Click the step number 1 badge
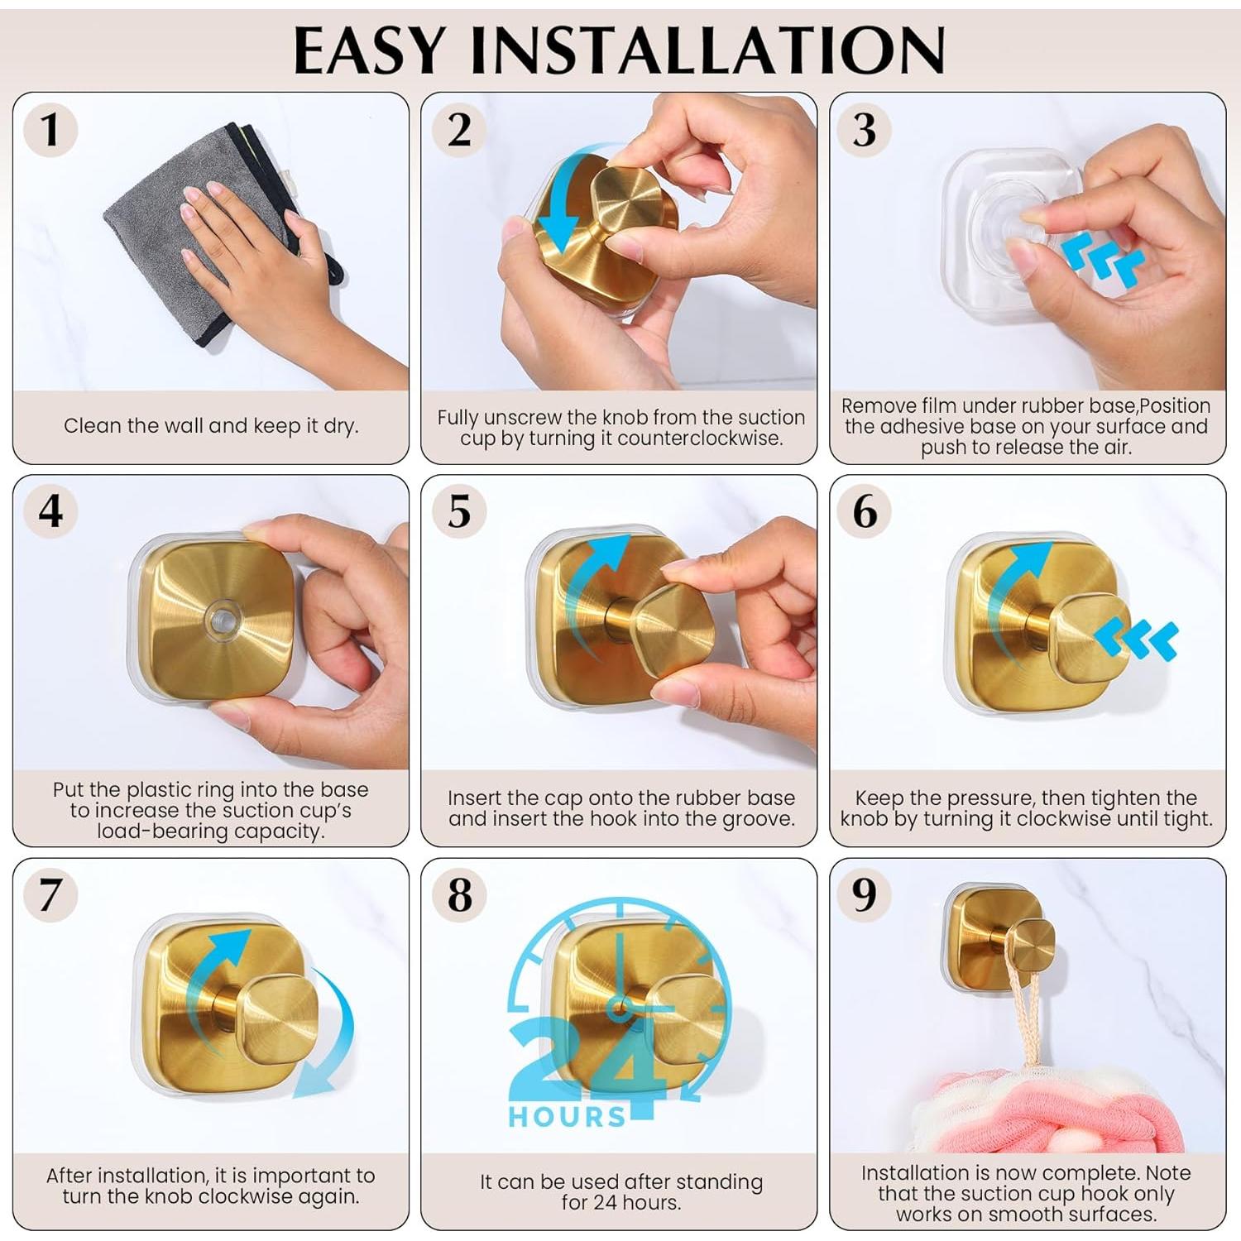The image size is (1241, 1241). click(x=50, y=130)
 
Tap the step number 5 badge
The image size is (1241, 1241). click(x=459, y=510)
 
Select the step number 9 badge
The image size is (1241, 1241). click(x=865, y=894)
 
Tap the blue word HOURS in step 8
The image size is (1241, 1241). click(x=568, y=1117)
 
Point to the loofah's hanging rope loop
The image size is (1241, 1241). click(x=1023, y=1001)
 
